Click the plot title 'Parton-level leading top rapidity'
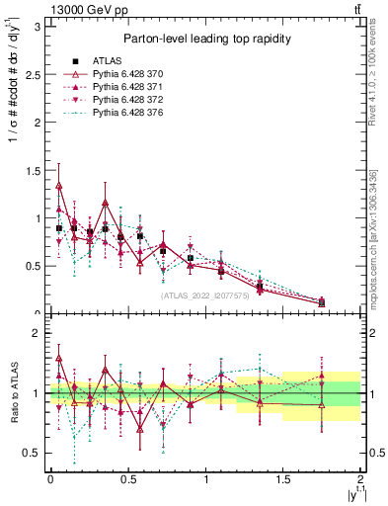205,39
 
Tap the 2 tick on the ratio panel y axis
39,333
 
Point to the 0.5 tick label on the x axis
127,478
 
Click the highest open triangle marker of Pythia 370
59,185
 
